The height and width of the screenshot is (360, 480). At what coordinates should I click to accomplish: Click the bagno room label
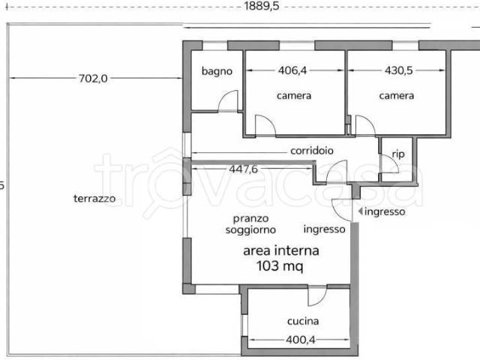(217, 72)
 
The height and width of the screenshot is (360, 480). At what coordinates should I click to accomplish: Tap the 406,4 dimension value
(292, 70)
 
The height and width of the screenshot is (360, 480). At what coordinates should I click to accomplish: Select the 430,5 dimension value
(398, 70)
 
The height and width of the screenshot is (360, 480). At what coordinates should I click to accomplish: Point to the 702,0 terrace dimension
(93, 79)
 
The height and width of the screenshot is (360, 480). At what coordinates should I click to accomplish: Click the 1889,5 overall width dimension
(262, 6)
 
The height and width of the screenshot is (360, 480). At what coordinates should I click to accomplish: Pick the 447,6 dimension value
(243, 169)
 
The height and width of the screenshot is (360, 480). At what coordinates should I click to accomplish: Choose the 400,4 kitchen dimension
(300, 340)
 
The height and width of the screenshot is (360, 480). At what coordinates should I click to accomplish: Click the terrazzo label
(94, 199)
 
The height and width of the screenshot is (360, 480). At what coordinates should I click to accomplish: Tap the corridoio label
(312, 151)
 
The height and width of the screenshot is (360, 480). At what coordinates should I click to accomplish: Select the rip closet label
(398, 154)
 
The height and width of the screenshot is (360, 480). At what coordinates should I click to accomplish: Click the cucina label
(303, 321)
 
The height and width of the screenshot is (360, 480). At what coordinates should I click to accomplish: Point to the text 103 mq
(280, 266)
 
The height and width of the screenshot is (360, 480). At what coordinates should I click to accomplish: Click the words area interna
(281, 251)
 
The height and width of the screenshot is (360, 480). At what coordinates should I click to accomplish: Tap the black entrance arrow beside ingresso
(361, 211)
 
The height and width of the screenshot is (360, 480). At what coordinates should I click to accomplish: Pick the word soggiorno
(250, 230)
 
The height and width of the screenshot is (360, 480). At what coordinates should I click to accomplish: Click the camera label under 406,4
(294, 96)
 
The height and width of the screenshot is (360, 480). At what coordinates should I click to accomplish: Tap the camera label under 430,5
(397, 96)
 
